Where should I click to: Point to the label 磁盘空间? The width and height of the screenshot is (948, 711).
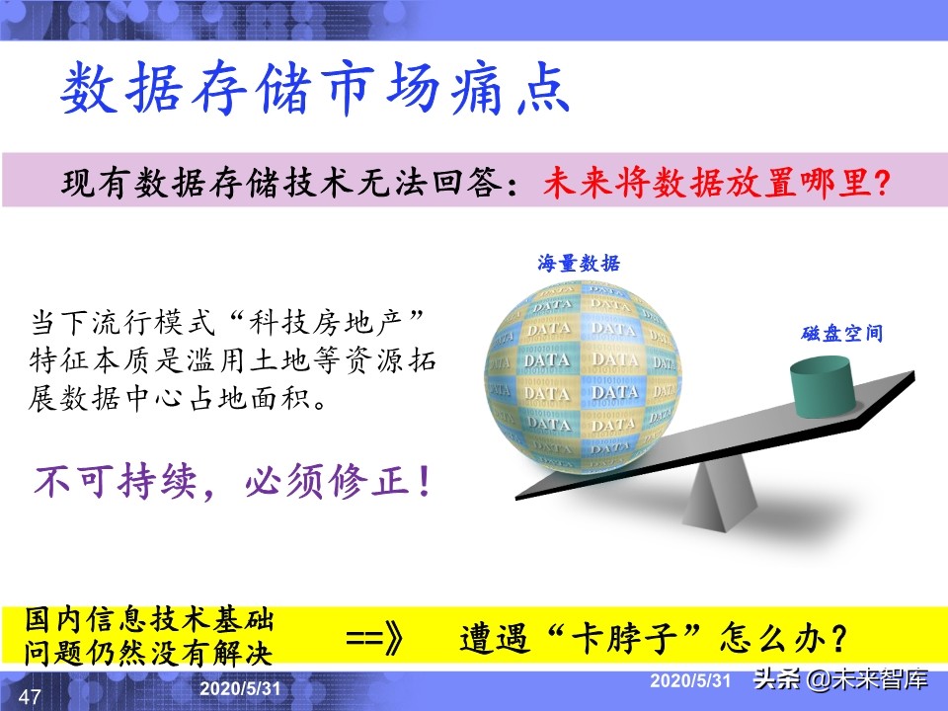click(840, 334)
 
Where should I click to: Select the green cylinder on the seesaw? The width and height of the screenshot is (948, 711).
click(823, 384)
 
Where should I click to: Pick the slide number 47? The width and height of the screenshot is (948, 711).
click(30, 697)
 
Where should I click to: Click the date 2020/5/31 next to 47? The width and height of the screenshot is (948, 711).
click(241, 688)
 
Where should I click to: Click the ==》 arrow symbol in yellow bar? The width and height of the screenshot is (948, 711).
click(375, 637)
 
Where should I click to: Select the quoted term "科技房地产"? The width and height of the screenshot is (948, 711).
click(327, 323)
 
